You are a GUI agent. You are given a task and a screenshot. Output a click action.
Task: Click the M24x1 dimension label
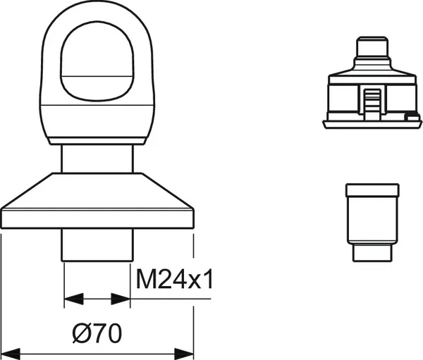click(174, 279)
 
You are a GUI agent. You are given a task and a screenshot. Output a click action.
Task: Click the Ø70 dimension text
click(97, 333)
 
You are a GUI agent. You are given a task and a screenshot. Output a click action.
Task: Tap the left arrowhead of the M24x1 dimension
click(73, 299)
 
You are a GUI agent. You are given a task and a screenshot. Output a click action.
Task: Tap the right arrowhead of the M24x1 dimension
click(121, 299)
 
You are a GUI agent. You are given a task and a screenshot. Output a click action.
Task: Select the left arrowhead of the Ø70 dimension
click(11, 354)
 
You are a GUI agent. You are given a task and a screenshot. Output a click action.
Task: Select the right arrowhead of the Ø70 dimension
click(184, 354)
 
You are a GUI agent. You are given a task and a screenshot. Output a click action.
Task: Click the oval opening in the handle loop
click(97, 61)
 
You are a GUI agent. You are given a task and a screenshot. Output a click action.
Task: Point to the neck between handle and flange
click(97, 159)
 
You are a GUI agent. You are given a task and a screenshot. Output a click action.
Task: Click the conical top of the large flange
click(97, 191)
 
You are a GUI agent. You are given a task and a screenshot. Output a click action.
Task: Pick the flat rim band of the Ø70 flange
click(97, 218)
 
